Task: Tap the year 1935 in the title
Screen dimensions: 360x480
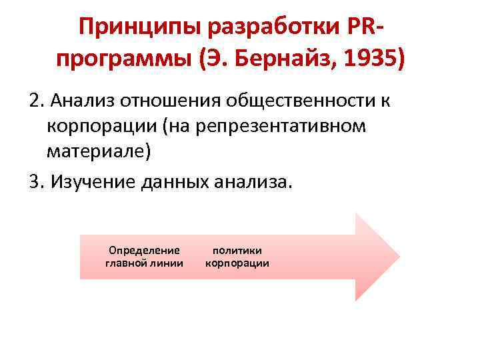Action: [x=369, y=60]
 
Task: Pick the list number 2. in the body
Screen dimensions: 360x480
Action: [x=37, y=101]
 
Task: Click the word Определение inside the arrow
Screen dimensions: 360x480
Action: [x=144, y=251]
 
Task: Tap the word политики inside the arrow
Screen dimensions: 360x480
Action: [x=237, y=251]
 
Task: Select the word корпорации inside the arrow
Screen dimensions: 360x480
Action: [x=237, y=263]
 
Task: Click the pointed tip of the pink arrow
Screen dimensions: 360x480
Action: [x=398, y=257]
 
